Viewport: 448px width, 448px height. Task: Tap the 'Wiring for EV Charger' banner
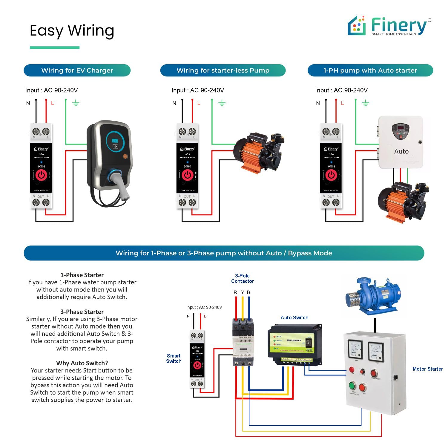coord(77,70)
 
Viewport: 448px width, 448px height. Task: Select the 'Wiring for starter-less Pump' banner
coord(223,70)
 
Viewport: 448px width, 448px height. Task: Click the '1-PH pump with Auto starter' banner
coord(370,70)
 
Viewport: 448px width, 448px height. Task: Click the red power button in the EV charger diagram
coord(41,175)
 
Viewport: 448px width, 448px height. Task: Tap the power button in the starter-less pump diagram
coord(188,175)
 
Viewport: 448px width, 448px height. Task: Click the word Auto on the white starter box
coord(401,151)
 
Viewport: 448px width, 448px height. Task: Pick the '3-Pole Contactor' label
coord(242,278)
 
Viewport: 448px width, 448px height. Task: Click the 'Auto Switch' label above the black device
coord(294,317)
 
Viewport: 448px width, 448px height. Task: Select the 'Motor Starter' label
coord(427,369)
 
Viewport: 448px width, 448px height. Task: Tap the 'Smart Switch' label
coord(174,358)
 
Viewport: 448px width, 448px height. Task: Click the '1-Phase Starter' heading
coord(82,275)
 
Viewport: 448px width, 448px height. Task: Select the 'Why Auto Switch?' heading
coord(82,363)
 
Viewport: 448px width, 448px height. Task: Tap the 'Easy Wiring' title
coord(72,30)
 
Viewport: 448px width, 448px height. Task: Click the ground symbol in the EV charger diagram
coord(76,103)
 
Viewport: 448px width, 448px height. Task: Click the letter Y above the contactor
coord(243,292)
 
